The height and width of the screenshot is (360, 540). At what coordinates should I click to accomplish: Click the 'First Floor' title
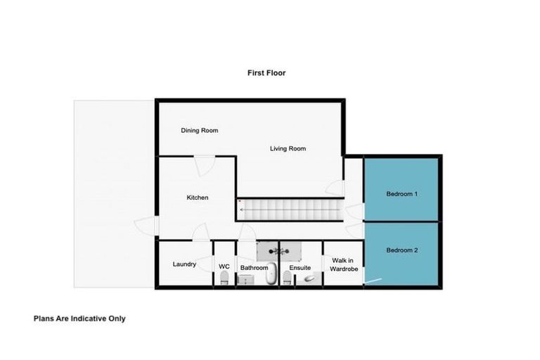click(266, 72)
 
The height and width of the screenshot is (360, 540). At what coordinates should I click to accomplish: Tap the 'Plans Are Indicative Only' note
click(79, 318)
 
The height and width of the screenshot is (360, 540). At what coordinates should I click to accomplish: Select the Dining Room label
click(200, 130)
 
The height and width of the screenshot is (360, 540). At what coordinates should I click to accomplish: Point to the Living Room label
click(288, 148)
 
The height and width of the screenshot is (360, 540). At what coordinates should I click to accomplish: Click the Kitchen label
click(197, 198)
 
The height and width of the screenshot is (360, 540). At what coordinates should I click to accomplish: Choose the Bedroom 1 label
click(402, 193)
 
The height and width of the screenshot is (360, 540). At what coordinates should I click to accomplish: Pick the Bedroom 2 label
click(402, 250)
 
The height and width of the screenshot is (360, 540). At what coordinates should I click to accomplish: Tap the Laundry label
click(184, 264)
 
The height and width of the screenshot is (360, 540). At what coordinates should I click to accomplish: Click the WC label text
click(224, 266)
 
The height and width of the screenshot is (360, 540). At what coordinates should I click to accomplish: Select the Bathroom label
click(254, 268)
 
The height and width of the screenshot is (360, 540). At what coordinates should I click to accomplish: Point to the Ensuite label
click(300, 268)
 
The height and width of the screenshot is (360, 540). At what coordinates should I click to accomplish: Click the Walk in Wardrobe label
click(345, 264)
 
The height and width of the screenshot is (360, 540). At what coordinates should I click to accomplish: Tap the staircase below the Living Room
click(288, 209)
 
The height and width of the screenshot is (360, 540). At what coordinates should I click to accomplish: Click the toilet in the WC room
click(224, 280)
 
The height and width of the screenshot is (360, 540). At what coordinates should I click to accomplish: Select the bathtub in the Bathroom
click(271, 276)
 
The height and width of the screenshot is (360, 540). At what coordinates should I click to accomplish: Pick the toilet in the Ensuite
click(287, 280)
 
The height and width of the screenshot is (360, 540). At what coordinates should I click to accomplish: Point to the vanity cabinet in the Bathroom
click(245, 280)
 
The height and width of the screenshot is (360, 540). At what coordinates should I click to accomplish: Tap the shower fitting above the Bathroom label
click(279, 250)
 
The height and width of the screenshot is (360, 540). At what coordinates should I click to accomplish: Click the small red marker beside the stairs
click(240, 202)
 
